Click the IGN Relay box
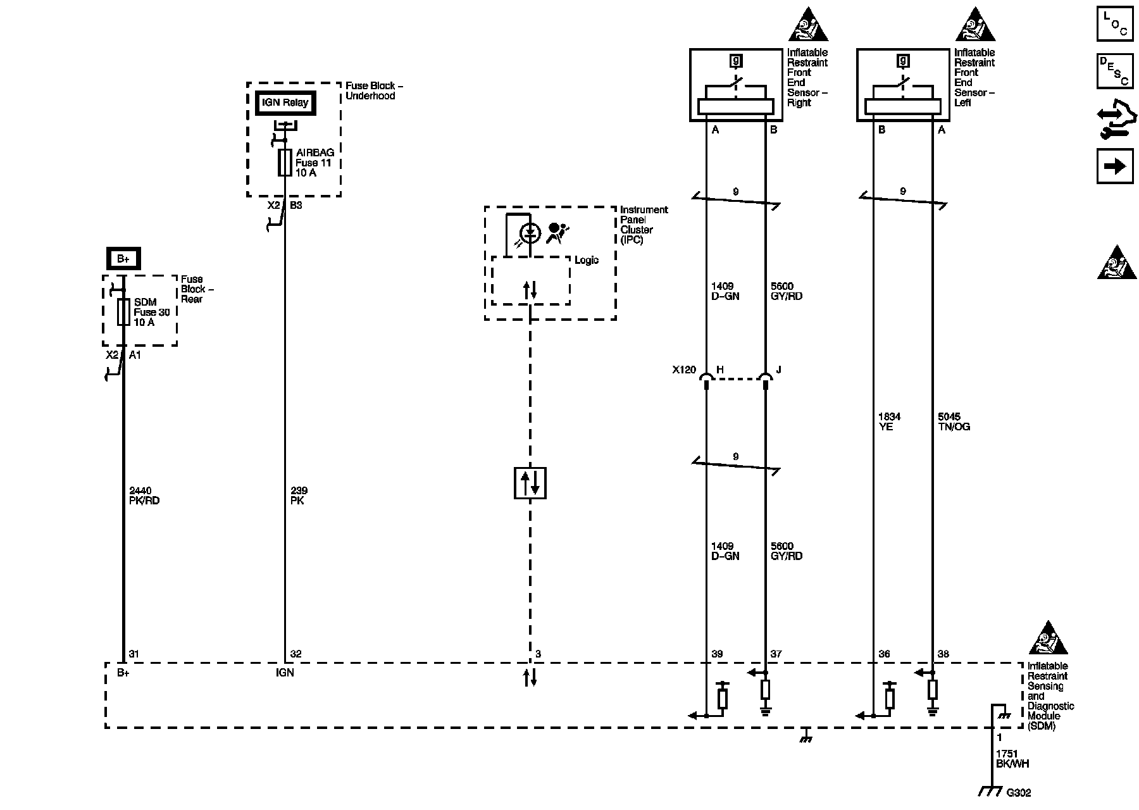coord(285,103)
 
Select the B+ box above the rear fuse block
coord(123,259)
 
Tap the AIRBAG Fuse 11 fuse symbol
coord(285,163)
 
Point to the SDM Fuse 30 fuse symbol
coord(123,312)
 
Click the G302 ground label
coord(1018,792)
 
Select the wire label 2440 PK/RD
coord(144,495)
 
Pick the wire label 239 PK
coord(299,495)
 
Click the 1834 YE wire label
coord(889,421)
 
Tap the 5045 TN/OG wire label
coord(954,421)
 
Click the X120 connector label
coord(684,370)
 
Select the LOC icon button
coord(1115,24)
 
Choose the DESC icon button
coord(1115,71)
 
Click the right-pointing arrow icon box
coord(1115,166)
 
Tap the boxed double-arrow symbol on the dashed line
coord(530,483)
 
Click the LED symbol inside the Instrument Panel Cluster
coord(530,234)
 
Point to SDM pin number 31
coord(134,654)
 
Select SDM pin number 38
coord(943,654)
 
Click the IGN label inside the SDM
coord(285,673)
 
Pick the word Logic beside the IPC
coord(587,261)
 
